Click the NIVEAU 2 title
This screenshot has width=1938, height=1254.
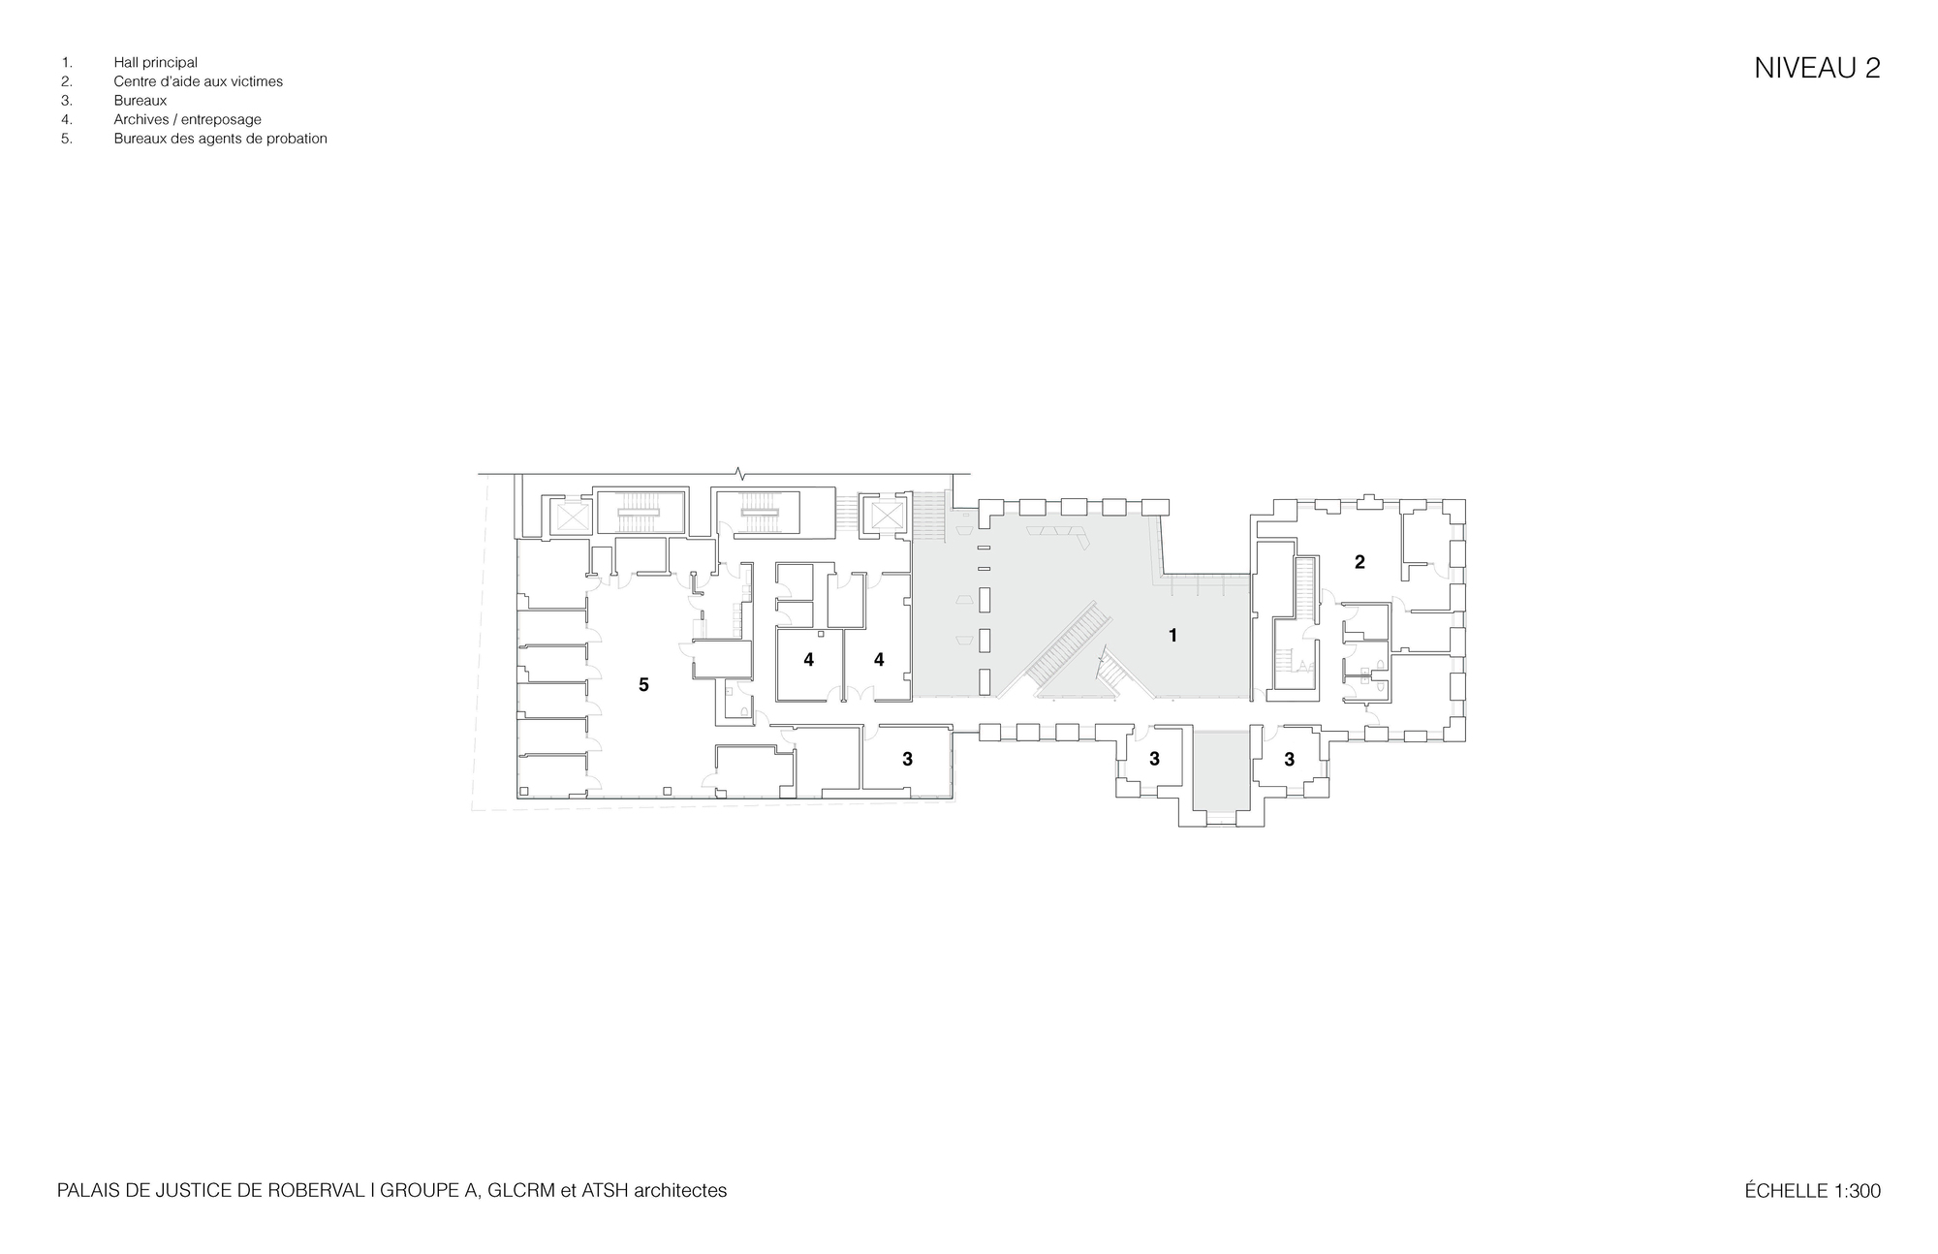(x=1817, y=68)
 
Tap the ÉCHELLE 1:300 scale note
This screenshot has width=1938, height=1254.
(x=1812, y=1191)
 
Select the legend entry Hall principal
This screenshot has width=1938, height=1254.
(x=155, y=63)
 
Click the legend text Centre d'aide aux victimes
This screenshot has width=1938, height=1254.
(x=198, y=81)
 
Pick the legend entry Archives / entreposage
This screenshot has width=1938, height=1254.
(x=187, y=120)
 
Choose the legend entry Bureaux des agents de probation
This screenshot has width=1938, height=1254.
(x=220, y=139)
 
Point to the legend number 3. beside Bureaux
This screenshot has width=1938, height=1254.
(x=67, y=101)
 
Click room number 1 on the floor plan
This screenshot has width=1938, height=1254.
(x=1172, y=636)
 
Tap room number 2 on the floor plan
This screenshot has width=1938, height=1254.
(x=1360, y=562)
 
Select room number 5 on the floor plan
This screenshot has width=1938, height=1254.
(x=643, y=685)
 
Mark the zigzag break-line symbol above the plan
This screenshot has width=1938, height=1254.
(x=741, y=474)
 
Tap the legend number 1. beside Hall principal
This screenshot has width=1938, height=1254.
(x=67, y=63)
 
